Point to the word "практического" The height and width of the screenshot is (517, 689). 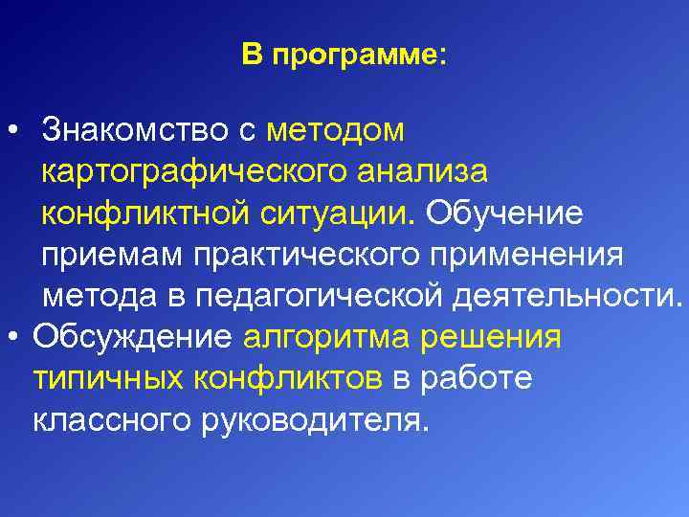(303, 256)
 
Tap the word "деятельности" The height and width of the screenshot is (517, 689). (564, 297)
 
